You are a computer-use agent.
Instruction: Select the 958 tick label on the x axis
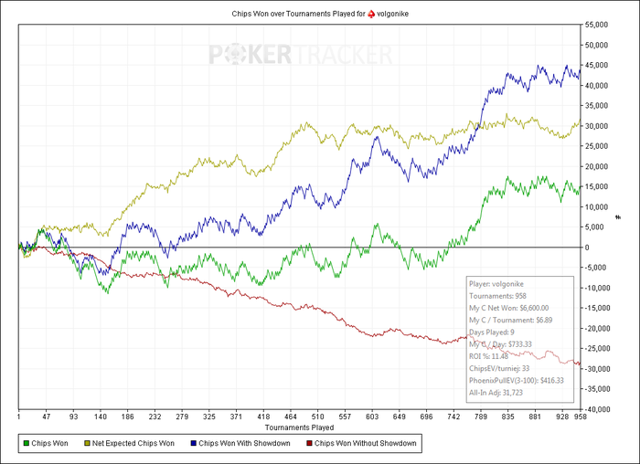(578, 417)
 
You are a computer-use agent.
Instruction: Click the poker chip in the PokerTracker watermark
(229, 55)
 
